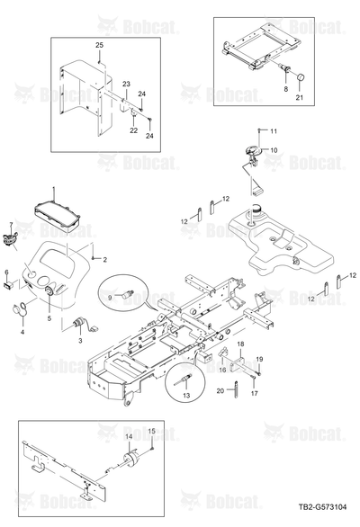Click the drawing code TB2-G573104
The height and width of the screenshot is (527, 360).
(322, 507)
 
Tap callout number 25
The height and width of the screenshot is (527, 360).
(100, 45)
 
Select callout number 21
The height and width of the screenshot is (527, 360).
(300, 97)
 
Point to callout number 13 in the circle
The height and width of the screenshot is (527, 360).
(186, 396)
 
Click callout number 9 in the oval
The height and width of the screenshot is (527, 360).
(110, 297)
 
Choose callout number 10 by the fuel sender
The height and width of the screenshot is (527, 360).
(274, 150)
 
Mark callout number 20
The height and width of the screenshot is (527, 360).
(220, 391)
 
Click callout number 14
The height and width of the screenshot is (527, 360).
(130, 436)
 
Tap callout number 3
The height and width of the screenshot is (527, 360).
(80, 341)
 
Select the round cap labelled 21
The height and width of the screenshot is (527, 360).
(300, 78)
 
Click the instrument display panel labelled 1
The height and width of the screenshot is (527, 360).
(58, 216)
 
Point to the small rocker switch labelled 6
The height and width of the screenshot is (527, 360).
(8, 285)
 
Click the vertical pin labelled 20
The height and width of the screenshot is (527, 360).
(236, 389)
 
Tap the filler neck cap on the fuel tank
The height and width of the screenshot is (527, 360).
(256, 210)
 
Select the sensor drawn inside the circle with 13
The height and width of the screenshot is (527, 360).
(183, 380)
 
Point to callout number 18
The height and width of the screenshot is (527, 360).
(240, 344)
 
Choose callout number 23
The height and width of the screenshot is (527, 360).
(126, 84)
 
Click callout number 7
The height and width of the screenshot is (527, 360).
(11, 224)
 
